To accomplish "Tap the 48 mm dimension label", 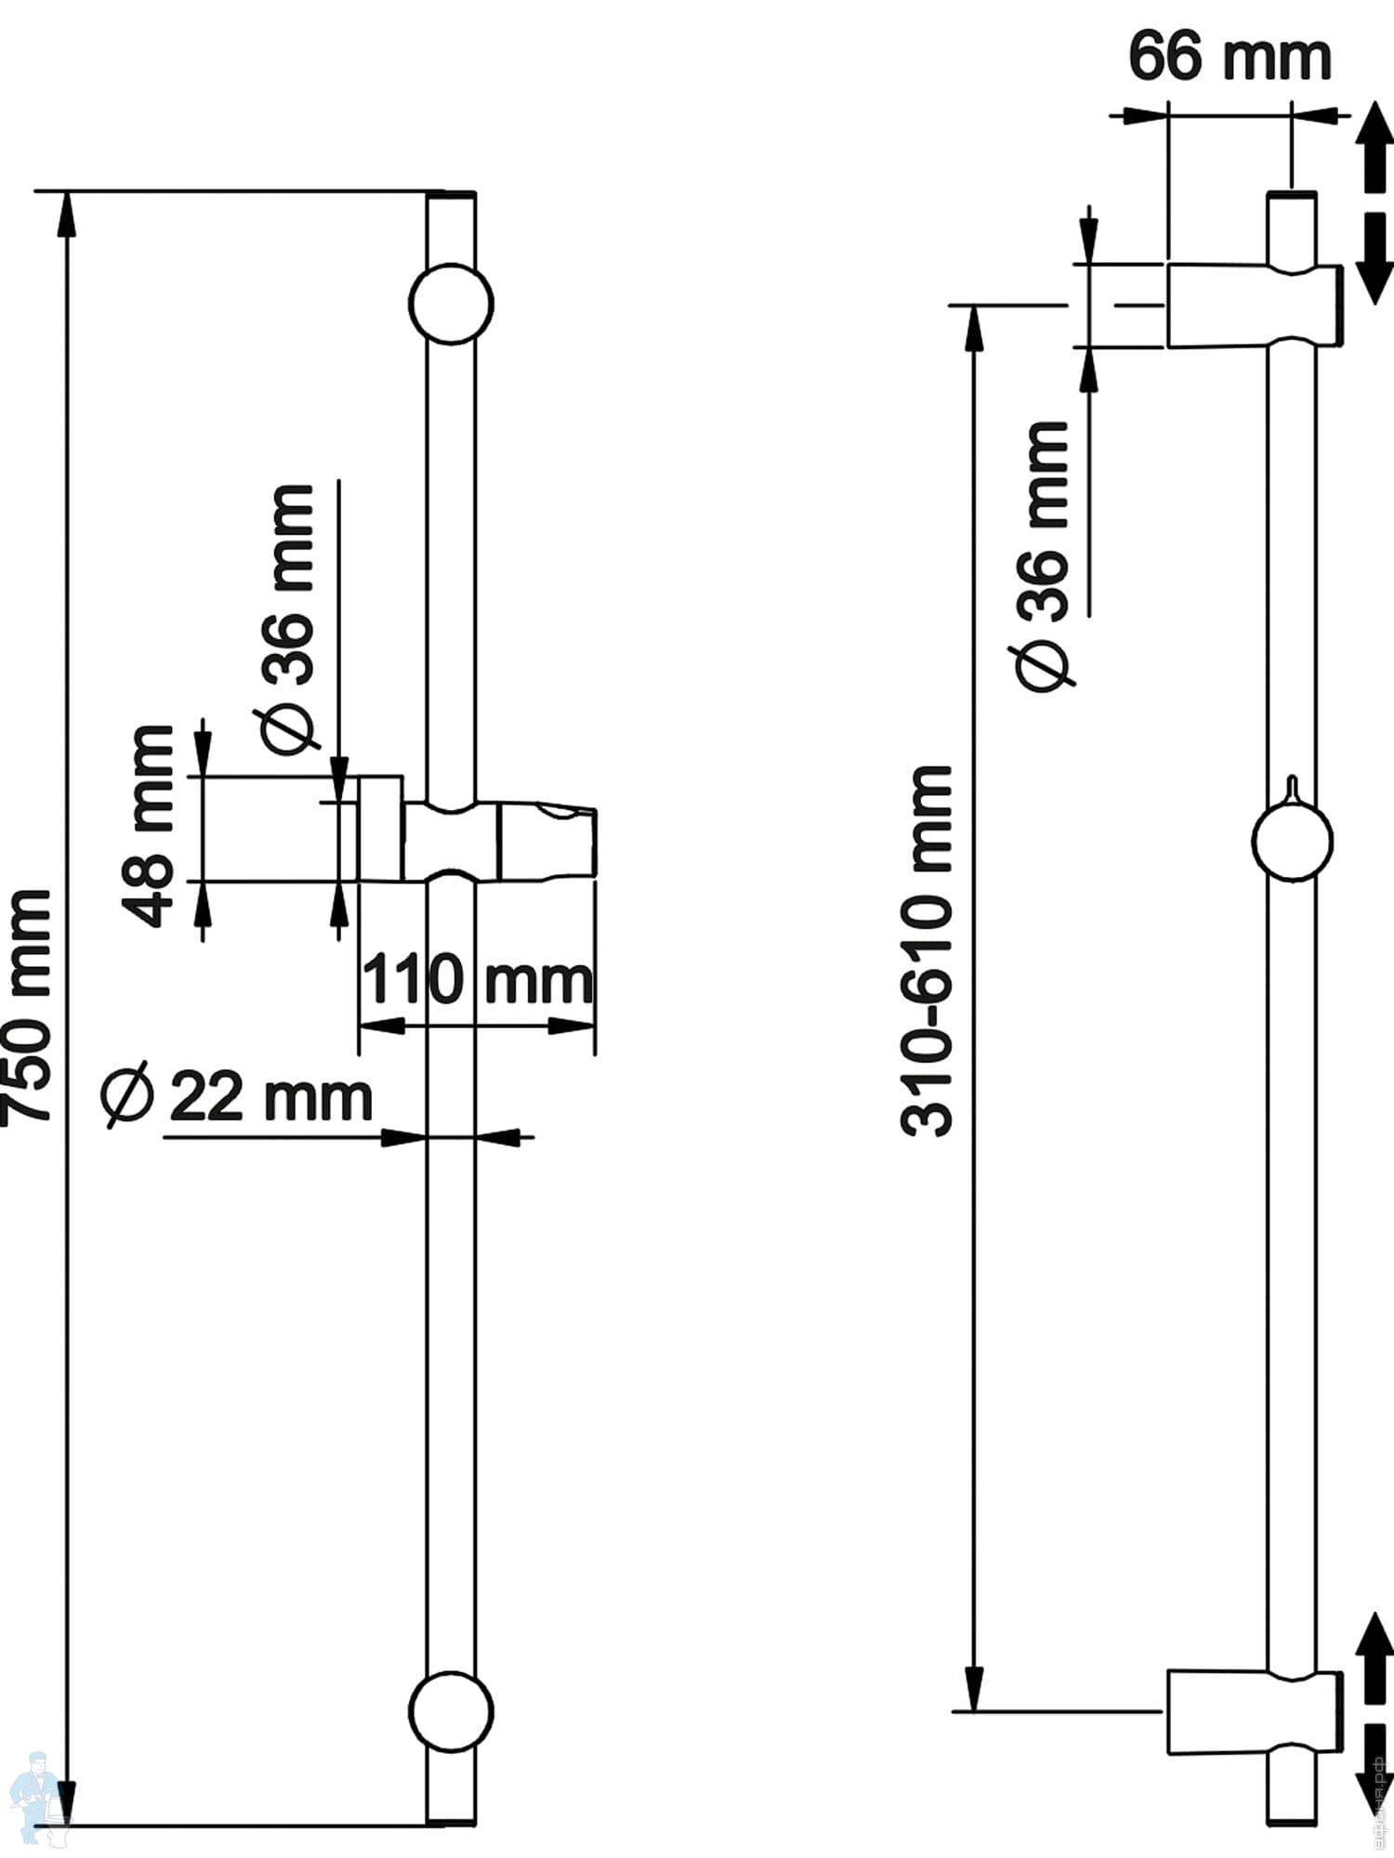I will [149, 827].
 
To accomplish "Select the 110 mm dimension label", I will [476, 981].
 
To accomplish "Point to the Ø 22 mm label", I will [238, 1098].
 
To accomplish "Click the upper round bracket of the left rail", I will [452, 304].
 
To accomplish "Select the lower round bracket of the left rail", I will [452, 1711].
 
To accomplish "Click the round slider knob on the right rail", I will [1292, 841].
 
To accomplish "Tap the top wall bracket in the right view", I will [1255, 306].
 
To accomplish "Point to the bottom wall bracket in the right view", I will [1255, 1711].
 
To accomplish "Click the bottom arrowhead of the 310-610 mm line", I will [974, 1686].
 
